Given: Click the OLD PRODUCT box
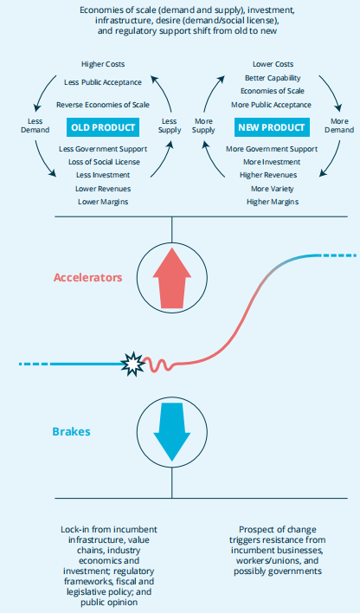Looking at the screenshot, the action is click(x=103, y=127).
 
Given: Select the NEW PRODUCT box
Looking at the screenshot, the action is click(x=272, y=127).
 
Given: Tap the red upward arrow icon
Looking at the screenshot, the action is click(x=172, y=278).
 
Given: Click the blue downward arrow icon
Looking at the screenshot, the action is click(x=172, y=431).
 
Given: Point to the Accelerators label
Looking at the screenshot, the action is click(x=88, y=278).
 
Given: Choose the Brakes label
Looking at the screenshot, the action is click(x=72, y=431).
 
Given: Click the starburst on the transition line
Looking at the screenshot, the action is click(x=132, y=364).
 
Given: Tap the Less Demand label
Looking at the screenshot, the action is click(x=35, y=126).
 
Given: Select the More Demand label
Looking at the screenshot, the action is click(x=339, y=126).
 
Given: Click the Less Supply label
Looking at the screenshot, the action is click(x=170, y=126).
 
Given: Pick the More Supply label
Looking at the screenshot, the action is click(x=203, y=126).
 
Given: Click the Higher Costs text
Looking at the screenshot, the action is click(x=103, y=64).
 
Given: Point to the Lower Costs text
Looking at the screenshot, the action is click(x=273, y=64).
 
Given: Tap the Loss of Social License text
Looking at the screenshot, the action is click(x=104, y=162).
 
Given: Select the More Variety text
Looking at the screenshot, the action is click(x=273, y=189).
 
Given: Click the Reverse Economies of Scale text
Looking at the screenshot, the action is click(x=103, y=105).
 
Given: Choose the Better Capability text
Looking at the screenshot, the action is click(x=273, y=78).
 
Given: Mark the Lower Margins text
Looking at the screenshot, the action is click(x=103, y=202).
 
